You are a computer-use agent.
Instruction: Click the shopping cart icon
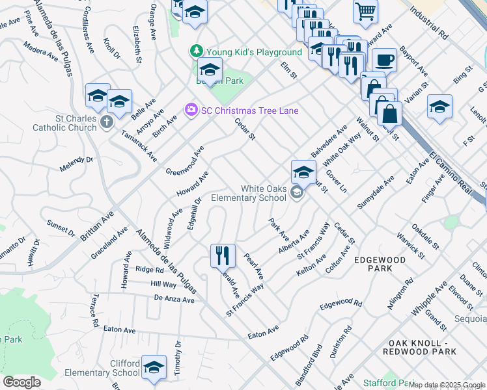(366, 10)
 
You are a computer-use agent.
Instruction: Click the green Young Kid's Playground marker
(194, 51)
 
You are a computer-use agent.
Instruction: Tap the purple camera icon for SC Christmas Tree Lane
(191, 110)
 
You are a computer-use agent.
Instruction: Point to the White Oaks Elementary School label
(263, 193)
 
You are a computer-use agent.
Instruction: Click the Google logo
(21, 382)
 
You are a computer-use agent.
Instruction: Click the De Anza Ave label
(174, 299)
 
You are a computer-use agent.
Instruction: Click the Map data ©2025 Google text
(447, 385)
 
